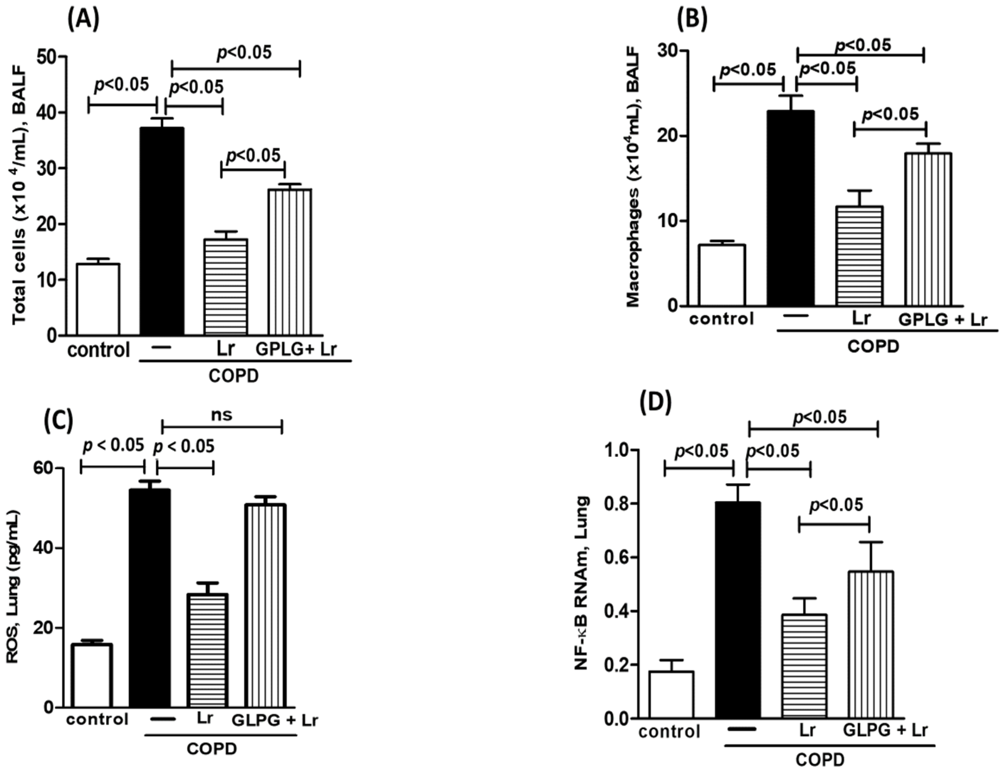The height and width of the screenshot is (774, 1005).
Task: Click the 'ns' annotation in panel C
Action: tap(221, 415)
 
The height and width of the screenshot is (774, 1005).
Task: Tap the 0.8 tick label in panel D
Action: tap(619, 504)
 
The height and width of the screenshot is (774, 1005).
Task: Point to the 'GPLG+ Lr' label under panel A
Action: tap(296, 349)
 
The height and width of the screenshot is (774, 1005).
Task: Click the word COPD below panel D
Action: tap(820, 759)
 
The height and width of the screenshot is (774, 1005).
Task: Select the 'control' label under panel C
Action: tap(97, 719)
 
